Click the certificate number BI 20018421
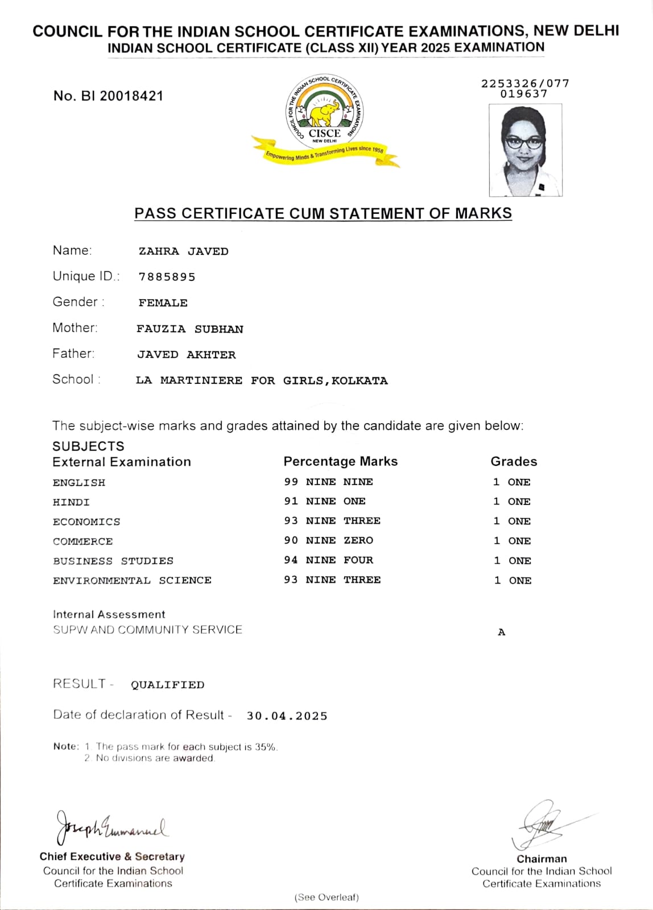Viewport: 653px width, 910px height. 108,96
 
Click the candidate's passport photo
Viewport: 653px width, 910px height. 526,150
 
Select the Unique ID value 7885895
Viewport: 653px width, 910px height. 167,277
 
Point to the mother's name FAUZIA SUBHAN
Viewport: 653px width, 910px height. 190,329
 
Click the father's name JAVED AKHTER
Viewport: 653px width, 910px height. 186,355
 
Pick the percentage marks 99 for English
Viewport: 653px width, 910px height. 291,482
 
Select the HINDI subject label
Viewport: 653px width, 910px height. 71,502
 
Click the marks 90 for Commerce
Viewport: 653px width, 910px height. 291,540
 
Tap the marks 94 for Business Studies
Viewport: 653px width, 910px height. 291,560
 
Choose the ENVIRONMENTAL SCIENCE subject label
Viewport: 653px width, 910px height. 132,580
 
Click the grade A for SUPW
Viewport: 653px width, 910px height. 501,632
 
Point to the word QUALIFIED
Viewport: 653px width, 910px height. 168,685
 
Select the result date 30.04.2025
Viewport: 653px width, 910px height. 287,716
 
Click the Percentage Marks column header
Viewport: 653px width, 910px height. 340,461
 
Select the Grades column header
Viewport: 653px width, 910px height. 514,461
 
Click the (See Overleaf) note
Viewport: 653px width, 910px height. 326,897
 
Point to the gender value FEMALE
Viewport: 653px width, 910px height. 163,303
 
